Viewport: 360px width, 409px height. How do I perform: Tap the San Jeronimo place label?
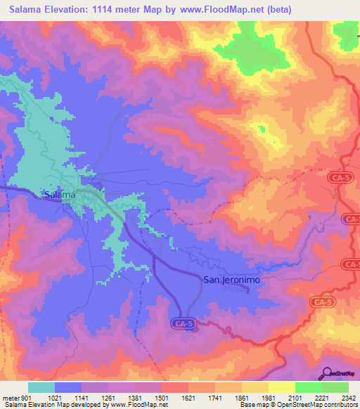point(232,280)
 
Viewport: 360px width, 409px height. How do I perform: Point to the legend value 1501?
point(162,398)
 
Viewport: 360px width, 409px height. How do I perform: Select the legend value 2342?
point(340,398)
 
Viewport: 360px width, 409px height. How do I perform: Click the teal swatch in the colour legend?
point(41,387)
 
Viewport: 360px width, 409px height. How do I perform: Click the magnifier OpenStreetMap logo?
point(326,374)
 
